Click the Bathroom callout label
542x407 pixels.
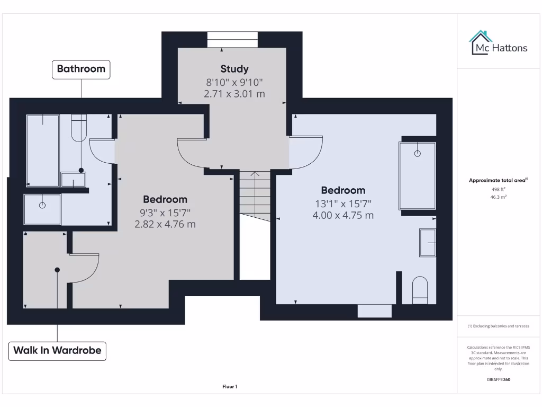point(81,69)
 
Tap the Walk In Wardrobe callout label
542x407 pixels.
point(57,350)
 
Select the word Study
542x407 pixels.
point(234,69)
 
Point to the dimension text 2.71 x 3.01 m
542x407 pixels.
point(234,94)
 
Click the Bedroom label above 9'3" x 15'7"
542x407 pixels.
point(165,200)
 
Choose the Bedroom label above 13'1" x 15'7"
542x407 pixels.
point(343,190)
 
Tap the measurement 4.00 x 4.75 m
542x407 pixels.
point(343,215)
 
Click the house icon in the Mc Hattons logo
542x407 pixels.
point(481,42)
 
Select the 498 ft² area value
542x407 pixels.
point(498,189)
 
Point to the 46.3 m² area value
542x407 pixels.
point(498,197)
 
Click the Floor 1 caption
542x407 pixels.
point(230,387)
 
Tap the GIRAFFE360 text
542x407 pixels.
point(498,379)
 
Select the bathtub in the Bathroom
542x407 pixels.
point(43,150)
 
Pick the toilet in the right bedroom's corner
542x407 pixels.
point(420,290)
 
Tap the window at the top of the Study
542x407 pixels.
point(232,40)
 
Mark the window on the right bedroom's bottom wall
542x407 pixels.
point(374,311)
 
